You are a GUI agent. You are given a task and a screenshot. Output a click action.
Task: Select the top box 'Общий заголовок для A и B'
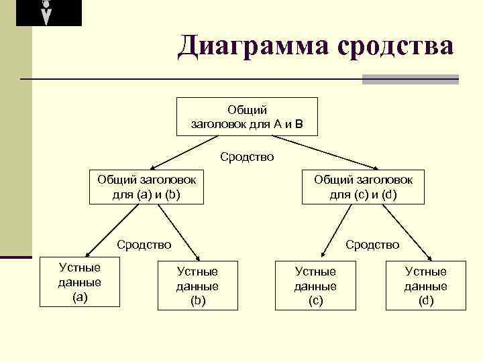[x=247, y=117]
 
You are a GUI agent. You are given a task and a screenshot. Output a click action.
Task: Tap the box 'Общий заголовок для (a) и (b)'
[x=147, y=187]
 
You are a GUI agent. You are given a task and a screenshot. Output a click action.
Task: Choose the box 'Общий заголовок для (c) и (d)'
[x=364, y=187]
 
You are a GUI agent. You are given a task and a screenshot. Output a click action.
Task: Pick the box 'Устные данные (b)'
[x=197, y=286]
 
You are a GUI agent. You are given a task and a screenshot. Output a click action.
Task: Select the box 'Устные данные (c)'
[x=315, y=286]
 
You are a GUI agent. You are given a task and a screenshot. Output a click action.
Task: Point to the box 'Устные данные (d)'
[x=425, y=286]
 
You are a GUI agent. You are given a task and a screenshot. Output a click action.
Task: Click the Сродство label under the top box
[x=247, y=158]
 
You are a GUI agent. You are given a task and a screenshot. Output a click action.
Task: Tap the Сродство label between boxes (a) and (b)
[x=144, y=245]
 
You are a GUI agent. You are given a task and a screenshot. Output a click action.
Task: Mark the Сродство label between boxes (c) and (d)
[x=372, y=245]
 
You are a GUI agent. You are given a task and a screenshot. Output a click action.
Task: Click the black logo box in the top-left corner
[x=48, y=13]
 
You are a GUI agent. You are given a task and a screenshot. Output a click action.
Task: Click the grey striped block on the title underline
[x=410, y=79]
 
